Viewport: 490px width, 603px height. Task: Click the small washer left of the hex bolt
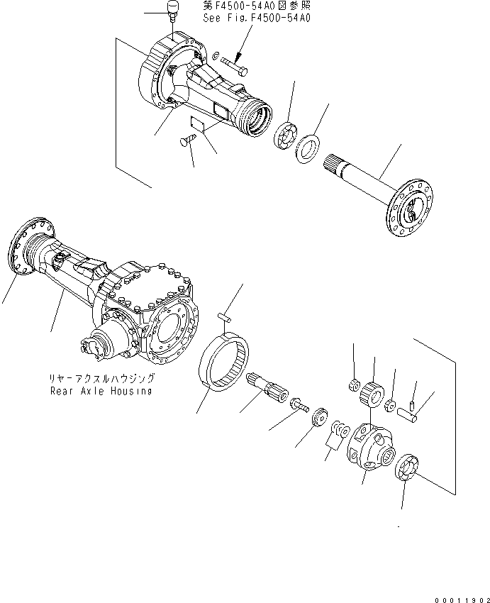click(216, 55)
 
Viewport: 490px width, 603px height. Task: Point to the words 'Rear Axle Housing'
click(100, 391)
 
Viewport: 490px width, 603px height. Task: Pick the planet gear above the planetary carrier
click(372, 392)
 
